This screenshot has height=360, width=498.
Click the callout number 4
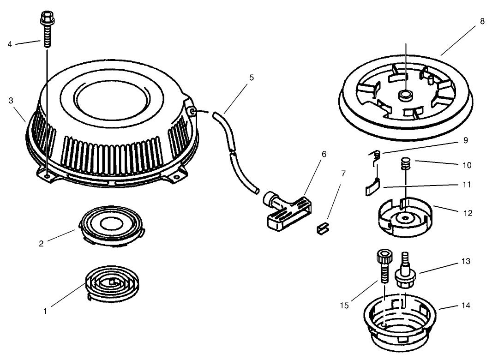tap(10, 44)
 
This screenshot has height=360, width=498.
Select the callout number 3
tap(11, 101)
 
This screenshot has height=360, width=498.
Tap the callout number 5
tap(252, 78)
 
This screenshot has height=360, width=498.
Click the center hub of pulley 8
tap(406, 95)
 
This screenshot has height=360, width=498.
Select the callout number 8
tap(482, 21)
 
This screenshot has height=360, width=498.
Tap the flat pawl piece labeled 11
tap(372, 188)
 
